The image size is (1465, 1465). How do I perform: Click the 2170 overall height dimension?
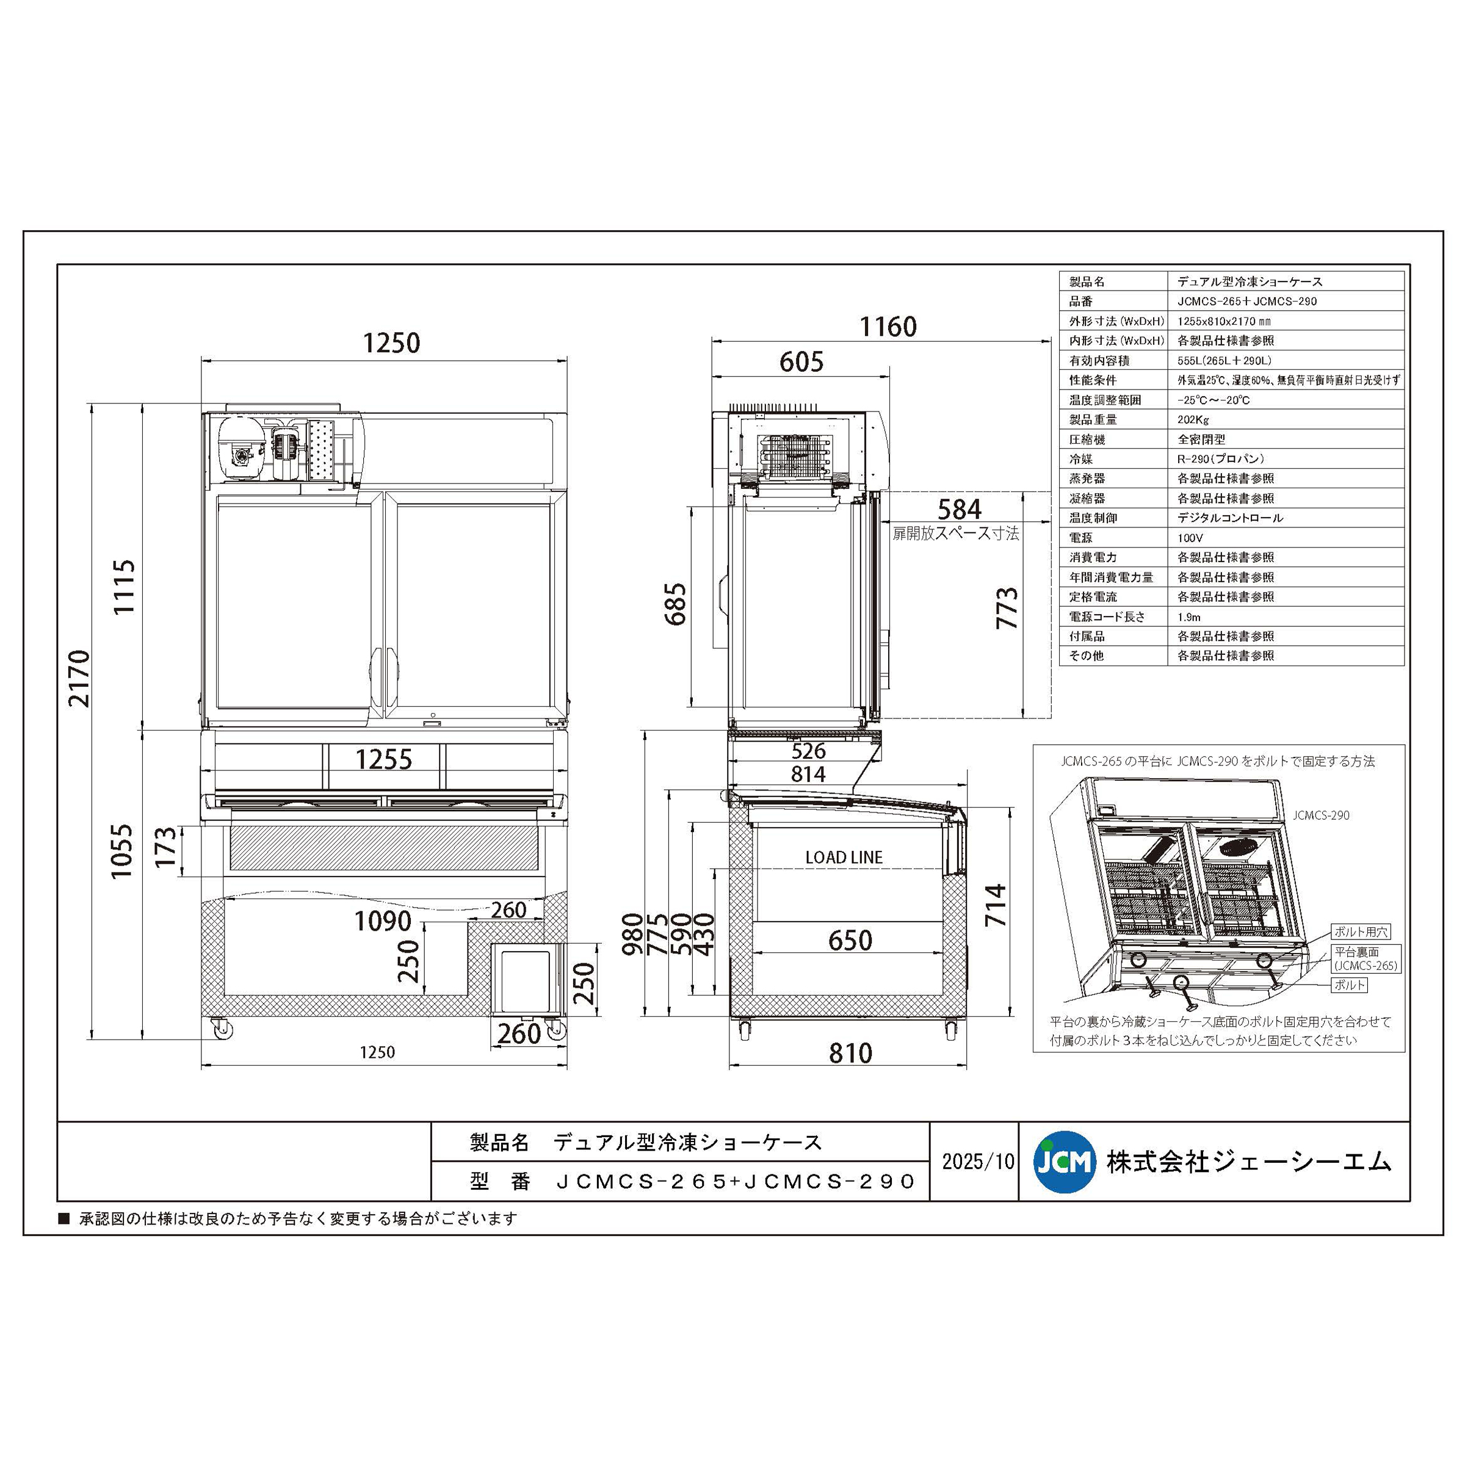coord(79,679)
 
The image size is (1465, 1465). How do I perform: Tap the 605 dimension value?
coord(801,363)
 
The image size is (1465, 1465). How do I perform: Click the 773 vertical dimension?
coord(1006,607)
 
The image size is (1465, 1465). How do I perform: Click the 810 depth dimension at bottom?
coord(850,1052)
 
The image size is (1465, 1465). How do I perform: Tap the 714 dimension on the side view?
coord(995,905)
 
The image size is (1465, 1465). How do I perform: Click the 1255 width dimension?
coord(384,759)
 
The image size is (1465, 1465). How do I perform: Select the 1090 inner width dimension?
coord(383,921)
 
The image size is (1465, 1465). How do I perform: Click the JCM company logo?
coord(1065,1162)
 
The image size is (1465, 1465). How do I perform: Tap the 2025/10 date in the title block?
coord(977,1162)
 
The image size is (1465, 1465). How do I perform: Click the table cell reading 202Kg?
coord(1193,419)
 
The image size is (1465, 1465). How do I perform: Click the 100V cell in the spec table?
coord(1190,538)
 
